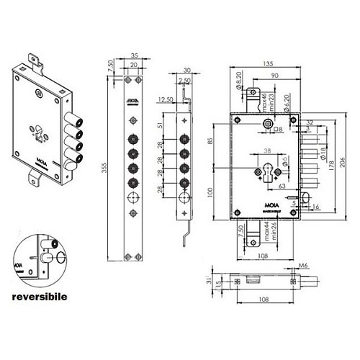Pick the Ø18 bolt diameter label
(x=323, y=153)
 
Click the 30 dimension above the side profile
(x=186, y=70)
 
